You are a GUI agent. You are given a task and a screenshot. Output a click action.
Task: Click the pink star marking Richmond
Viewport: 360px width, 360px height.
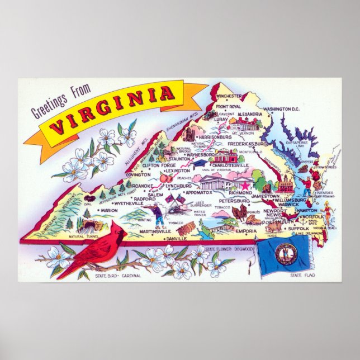point(244,184)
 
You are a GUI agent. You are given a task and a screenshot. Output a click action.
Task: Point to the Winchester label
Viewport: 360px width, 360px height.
point(230,96)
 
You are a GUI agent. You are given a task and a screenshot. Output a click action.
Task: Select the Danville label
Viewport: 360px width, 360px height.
point(177,238)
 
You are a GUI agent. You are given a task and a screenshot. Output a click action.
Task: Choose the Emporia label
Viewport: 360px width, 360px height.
point(245,230)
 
